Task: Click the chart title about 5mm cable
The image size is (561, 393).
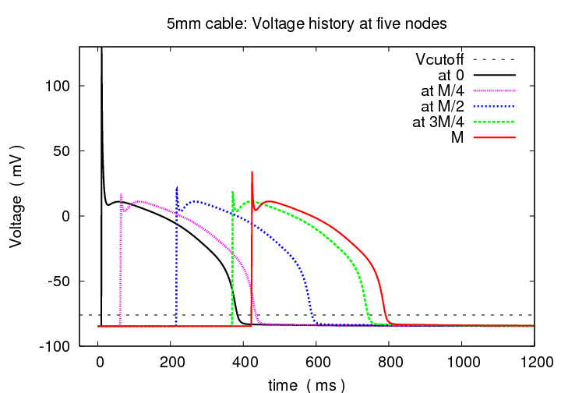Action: (306, 24)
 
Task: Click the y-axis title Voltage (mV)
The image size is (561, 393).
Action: (16, 196)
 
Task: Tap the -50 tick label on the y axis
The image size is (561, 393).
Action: (62, 281)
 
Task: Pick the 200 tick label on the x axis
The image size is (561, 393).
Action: (171, 361)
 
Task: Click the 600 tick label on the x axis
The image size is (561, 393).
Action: (316, 361)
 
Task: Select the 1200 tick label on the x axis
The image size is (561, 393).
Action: (533, 361)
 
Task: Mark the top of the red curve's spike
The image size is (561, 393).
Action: (252, 172)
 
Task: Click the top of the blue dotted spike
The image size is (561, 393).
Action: (177, 187)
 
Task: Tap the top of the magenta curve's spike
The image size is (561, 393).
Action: (121, 194)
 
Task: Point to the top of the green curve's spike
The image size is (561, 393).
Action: (232, 192)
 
